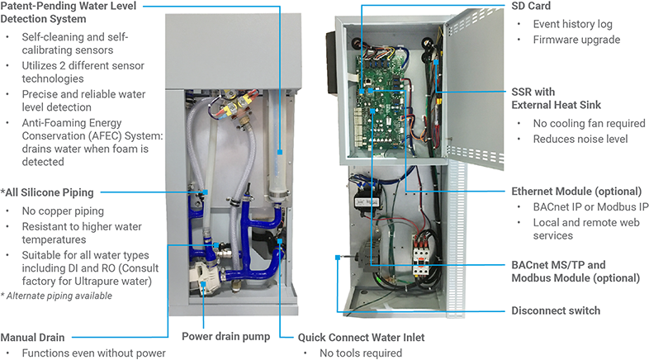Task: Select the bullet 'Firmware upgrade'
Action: click(x=576, y=40)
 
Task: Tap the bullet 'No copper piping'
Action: click(x=63, y=210)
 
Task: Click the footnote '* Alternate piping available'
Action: click(x=57, y=295)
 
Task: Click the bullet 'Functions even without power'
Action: click(x=93, y=353)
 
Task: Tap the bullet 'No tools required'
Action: click(x=361, y=353)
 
